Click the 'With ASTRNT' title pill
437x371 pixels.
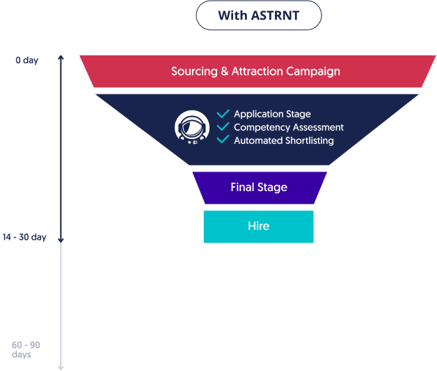point(259,15)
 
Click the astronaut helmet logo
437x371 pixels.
point(191,126)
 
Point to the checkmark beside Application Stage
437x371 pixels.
point(223,114)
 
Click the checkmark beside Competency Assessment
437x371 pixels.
point(223,127)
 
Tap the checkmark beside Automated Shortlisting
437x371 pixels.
point(223,140)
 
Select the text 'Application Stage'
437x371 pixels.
point(272,114)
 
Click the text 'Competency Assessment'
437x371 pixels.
point(289,127)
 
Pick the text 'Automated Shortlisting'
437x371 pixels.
point(284,140)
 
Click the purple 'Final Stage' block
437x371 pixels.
point(259,188)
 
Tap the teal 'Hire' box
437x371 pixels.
point(258,226)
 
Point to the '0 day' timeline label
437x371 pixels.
point(26,60)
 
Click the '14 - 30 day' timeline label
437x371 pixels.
point(24,238)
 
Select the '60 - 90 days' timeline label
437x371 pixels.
point(26,349)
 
